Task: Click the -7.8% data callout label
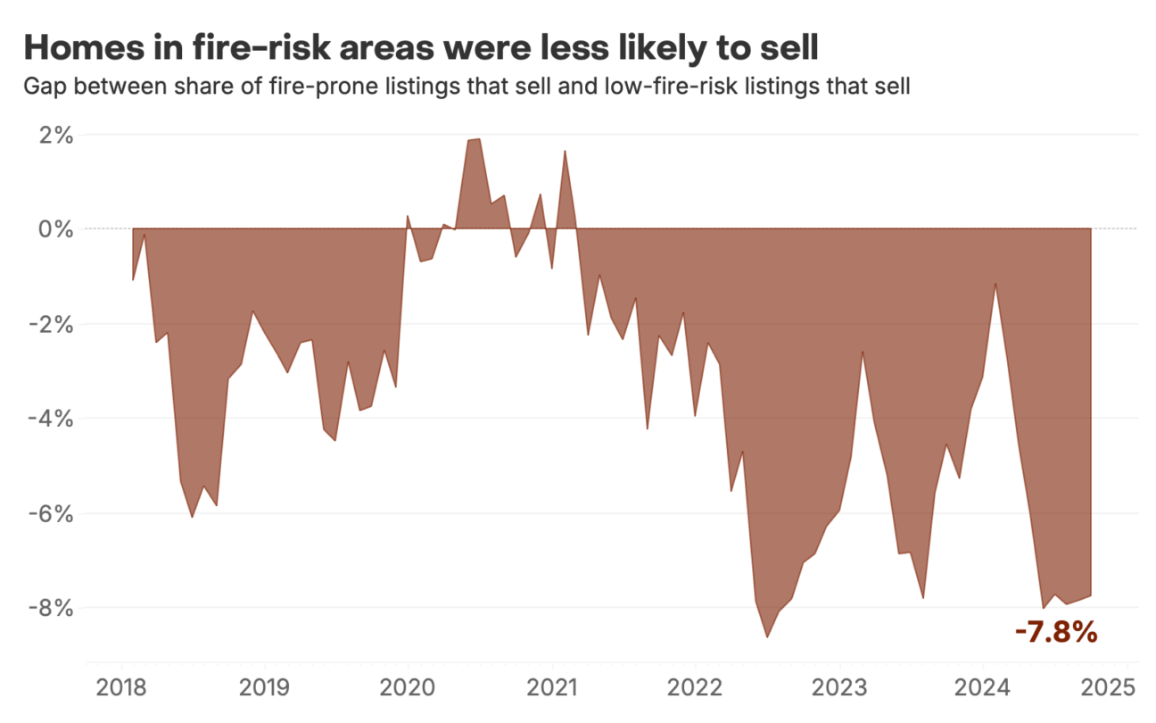[1055, 633]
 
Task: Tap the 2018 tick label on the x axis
[120, 689]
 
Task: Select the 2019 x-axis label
[264, 689]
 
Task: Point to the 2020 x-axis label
[408, 689]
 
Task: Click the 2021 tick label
[551, 689]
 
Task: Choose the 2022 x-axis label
[695, 689]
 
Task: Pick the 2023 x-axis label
[838, 689]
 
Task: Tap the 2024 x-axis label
[982, 689]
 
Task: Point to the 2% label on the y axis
[55, 136]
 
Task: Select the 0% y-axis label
[55, 229]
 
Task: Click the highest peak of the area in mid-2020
[479, 139]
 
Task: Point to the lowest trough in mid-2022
[767, 636]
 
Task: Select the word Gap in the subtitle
[44, 87]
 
